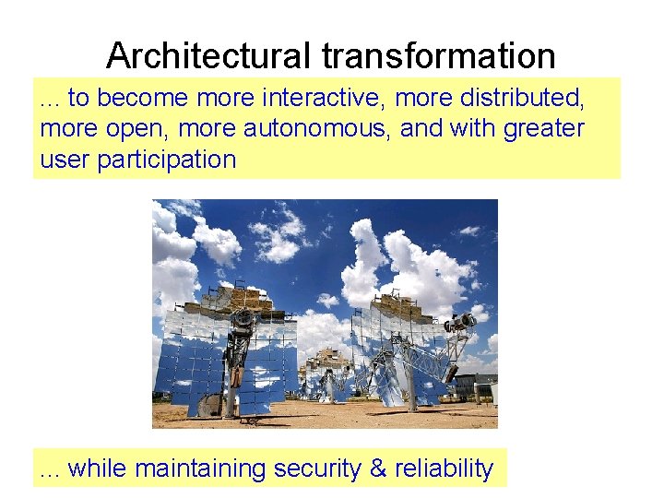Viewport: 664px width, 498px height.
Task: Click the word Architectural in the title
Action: (210, 56)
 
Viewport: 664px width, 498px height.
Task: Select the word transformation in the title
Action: (439, 56)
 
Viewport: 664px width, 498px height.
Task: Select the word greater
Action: (543, 128)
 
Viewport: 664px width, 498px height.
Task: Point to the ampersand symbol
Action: (378, 468)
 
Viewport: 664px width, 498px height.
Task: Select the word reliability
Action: (444, 468)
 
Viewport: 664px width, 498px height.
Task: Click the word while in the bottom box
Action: (98, 468)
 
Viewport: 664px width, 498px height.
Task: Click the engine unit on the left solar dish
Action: (243, 322)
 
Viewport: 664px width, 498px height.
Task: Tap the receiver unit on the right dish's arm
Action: (458, 323)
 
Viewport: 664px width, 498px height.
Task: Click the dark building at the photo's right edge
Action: (480, 385)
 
